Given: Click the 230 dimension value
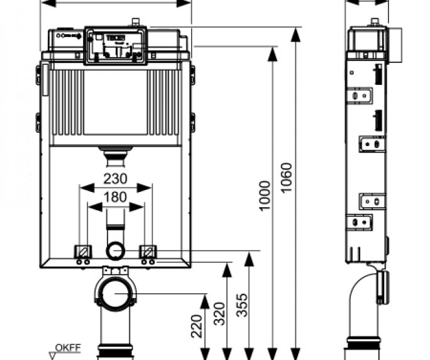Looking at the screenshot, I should pyautogui.click(x=115, y=179).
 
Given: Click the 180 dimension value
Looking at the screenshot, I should pyautogui.click(x=115, y=197).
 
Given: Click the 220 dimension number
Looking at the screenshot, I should pyautogui.click(x=197, y=327).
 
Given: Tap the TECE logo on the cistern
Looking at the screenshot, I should pyautogui.click(x=116, y=38).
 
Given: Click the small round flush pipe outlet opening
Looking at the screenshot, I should pyautogui.click(x=115, y=251).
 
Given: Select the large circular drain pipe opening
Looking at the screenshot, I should pyautogui.click(x=116, y=293).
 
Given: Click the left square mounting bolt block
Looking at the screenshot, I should pyautogui.click(x=82, y=249).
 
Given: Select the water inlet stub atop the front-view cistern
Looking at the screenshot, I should pyautogui.click(x=135, y=23).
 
